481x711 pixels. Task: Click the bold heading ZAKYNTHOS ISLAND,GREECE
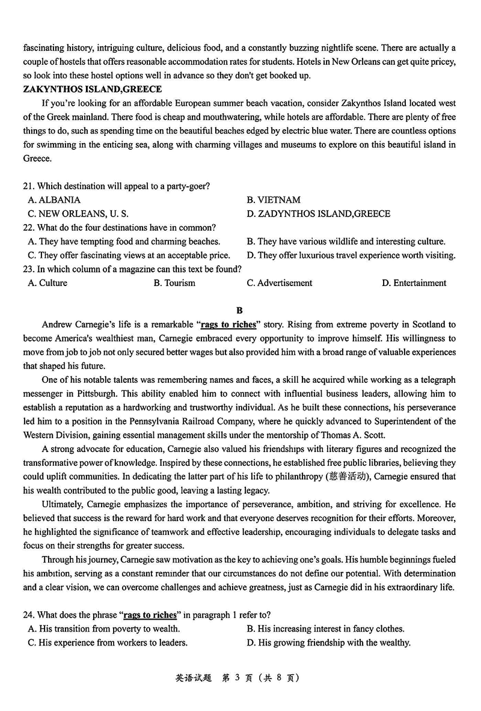point(93,90)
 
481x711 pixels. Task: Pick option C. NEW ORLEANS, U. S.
point(78,213)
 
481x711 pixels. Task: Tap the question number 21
point(29,186)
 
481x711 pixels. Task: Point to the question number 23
point(29,269)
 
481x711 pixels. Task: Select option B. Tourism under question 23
point(174,282)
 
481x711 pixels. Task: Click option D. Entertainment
point(414,282)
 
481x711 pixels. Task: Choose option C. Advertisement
point(280,282)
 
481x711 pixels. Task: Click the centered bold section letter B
point(239,310)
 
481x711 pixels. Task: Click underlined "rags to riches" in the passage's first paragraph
point(228,325)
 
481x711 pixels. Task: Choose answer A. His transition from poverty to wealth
point(104,629)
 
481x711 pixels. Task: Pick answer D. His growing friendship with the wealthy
point(329,642)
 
